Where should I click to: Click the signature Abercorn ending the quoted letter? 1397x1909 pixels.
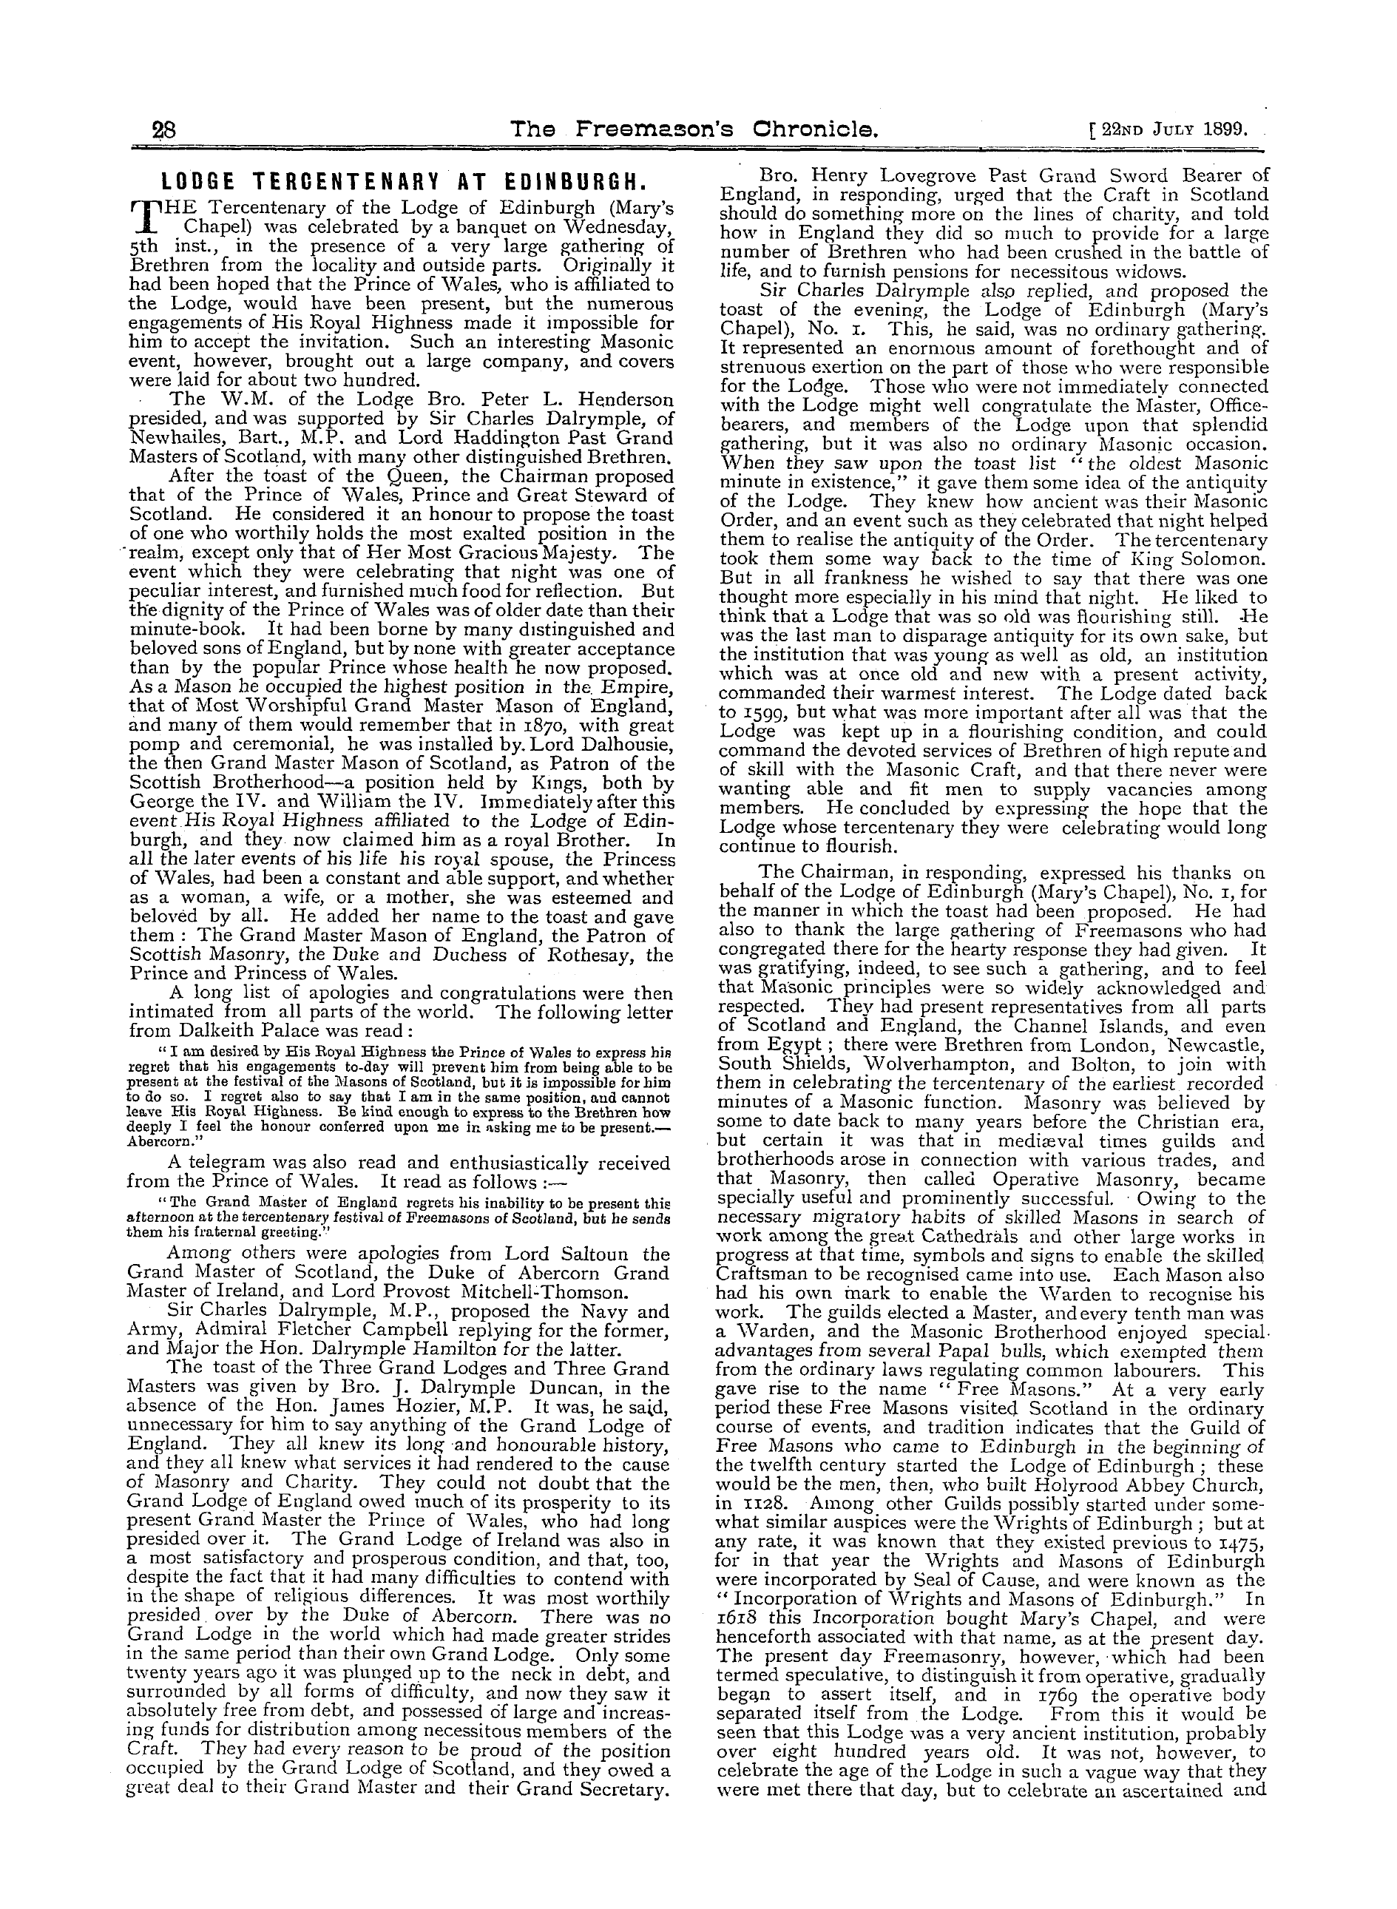pos(157,1139)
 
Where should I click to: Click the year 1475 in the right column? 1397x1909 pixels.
pos(1242,1544)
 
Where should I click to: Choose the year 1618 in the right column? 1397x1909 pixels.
pos(739,1621)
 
